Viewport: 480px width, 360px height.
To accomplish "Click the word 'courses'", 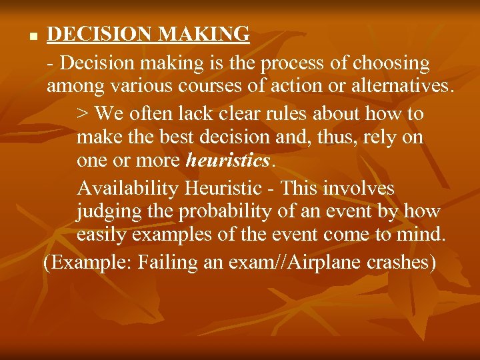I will click(195, 87).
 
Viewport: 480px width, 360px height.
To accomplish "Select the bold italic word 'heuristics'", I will click(229, 161).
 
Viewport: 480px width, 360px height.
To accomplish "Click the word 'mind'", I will click(425, 235).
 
